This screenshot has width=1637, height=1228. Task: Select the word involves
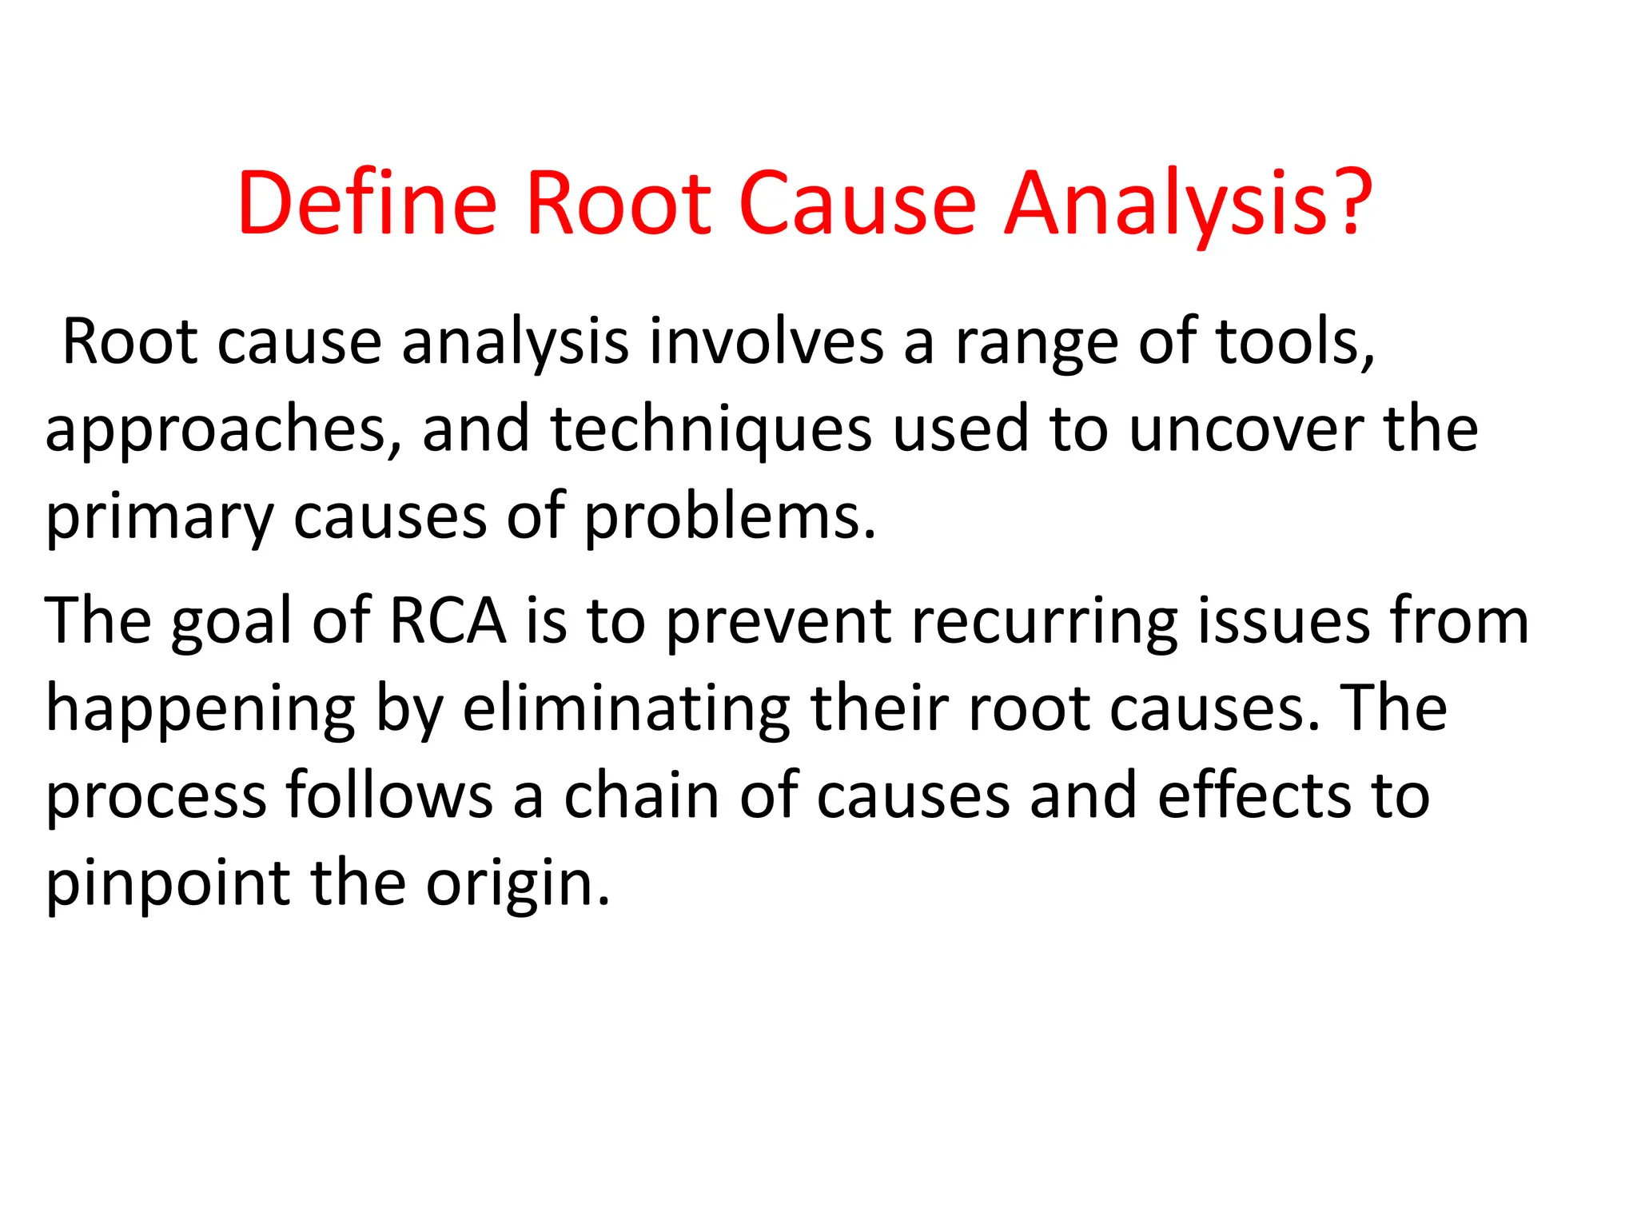[766, 342]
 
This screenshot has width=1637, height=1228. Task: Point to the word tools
[1295, 342]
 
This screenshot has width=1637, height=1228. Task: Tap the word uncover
[1246, 430]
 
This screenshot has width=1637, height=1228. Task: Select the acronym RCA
[448, 620]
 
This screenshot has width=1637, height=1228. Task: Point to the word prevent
[779, 622]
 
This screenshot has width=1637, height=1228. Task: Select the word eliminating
[627, 710]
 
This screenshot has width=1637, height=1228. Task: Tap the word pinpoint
[168, 886]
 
